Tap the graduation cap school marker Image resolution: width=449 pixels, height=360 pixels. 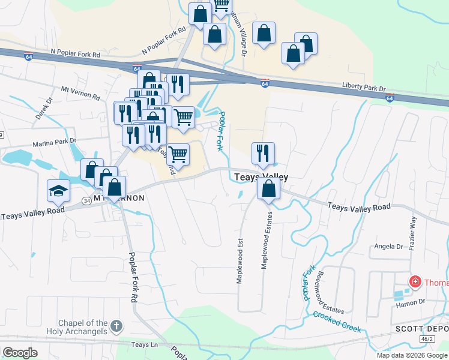pos(59,191)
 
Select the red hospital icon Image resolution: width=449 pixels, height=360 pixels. pos(414,281)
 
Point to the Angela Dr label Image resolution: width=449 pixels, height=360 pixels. pos(388,247)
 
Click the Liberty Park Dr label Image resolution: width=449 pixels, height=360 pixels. pos(364,87)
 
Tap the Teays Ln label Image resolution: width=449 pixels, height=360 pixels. pos(144,344)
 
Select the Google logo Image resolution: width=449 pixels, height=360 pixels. pos(20,352)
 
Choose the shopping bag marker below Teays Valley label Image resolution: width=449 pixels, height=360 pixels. pos(268,190)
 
